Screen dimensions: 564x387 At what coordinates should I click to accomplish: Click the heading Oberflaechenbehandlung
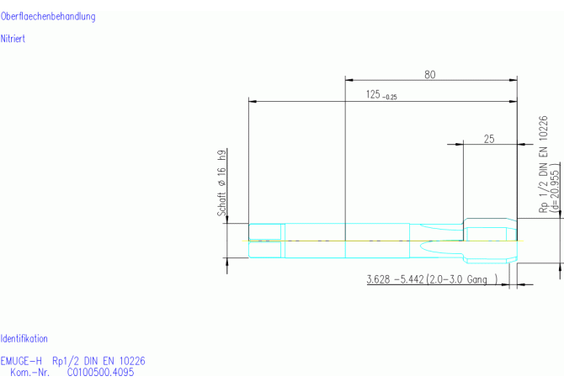pos(48,17)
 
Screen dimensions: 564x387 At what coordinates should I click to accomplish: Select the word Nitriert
pos(13,39)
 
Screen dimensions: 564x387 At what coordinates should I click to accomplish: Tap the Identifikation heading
pos(24,338)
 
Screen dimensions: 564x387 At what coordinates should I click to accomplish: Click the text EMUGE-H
pos(21,361)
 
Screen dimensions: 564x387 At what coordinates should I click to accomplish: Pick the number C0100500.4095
pos(101,372)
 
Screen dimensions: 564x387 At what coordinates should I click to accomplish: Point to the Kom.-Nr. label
pos(29,372)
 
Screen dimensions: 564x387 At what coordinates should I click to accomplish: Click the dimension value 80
pos(430,75)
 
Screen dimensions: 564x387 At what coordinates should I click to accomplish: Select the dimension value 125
pos(373,94)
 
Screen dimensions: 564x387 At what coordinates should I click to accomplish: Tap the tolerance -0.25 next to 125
pos(390,97)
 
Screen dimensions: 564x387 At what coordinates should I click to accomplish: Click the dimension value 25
pos(489,139)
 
